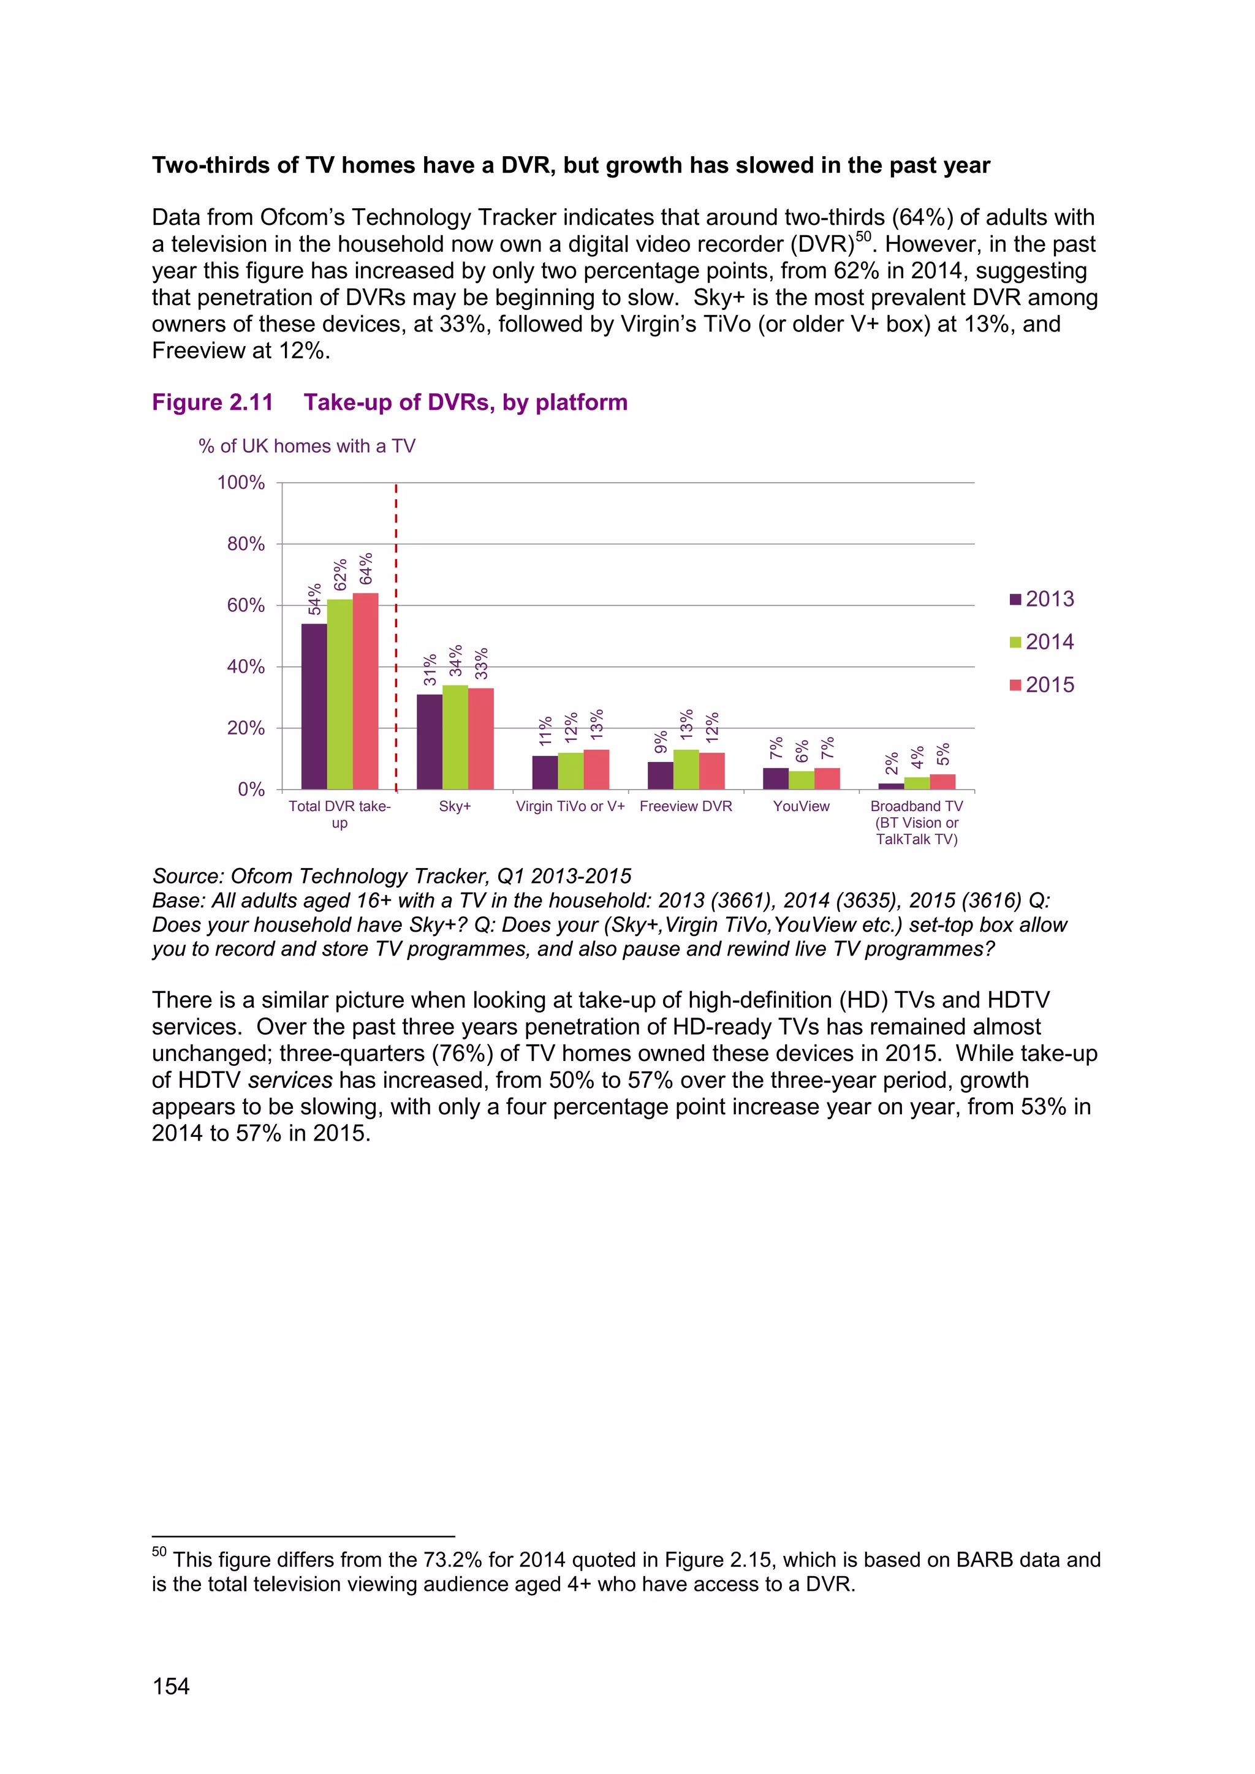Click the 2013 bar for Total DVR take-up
click(x=314, y=706)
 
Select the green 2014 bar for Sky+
click(x=455, y=736)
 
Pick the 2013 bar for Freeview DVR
click(x=660, y=775)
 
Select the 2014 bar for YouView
click(x=802, y=780)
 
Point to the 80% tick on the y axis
click(x=246, y=544)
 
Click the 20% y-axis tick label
click(x=246, y=728)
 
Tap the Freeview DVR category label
click(x=686, y=806)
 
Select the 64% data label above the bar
click(x=365, y=568)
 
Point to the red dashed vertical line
click(x=396, y=633)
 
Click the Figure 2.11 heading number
click(x=213, y=402)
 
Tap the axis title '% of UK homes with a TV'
click(x=307, y=446)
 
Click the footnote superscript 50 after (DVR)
click(x=863, y=236)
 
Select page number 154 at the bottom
click(x=171, y=1686)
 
